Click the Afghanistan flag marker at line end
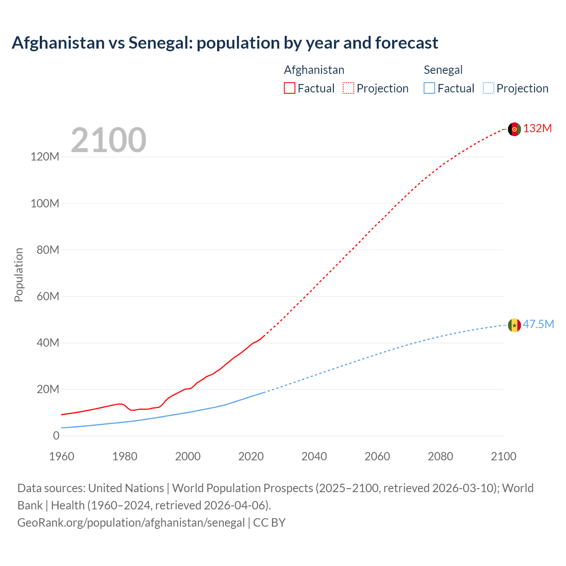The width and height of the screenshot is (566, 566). pyautogui.click(x=514, y=129)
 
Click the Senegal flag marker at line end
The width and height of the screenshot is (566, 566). pyautogui.click(x=514, y=325)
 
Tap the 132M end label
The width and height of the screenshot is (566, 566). pyautogui.click(x=538, y=129)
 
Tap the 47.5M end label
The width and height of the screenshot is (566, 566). pyautogui.click(x=539, y=325)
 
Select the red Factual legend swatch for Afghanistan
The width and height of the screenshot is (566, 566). pyautogui.click(x=289, y=88)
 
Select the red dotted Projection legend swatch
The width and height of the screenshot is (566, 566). pyautogui.click(x=348, y=88)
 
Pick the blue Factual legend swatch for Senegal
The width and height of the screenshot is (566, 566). pyautogui.click(x=429, y=88)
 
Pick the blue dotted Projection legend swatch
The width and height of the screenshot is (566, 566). pyautogui.click(x=489, y=88)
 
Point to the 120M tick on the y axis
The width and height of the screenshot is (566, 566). pyautogui.click(x=45, y=157)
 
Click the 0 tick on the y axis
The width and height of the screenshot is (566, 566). pyautogui.click(x=56, y=436)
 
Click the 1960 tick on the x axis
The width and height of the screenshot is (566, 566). pyautogui.click(x=61, y=456)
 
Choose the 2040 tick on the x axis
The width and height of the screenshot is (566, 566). pyautogui.click(x=314, y=456)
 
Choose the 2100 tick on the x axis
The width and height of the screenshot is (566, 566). pyautogui.click(x=504, y=456)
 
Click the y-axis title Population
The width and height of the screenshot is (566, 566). pyautogui.click(x=19, y=275)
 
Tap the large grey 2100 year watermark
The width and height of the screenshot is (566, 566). pyautogui.click(x=108, y=140)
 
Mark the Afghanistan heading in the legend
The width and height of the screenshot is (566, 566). pyautogui.click(x=314, y=70)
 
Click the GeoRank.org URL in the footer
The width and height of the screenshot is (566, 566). pyautogui.click(x=131, y=523)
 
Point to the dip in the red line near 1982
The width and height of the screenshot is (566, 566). pyautogui.click(x=132, y=410)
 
